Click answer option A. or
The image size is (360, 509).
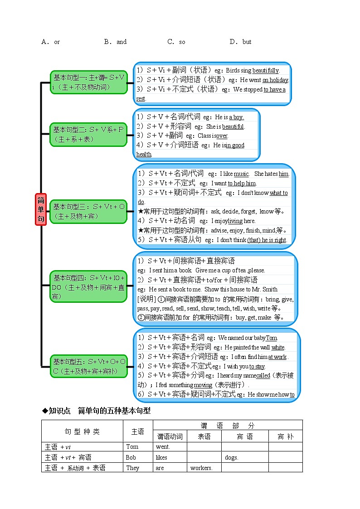pyautogui.click(x=51, y=42)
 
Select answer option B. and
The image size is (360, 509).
pyautogui.click(x=115, y=42)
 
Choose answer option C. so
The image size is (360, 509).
pyautogui.click(x=176, y=42)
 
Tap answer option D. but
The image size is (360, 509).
pyautogui.click(x=240, y=42)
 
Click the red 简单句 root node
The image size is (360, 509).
pyautogui.click(x=41, y=209)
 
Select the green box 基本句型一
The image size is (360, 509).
pyautogui.click(x=88, y=82)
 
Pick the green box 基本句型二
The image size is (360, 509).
pyautogui.click(x=88, y=134)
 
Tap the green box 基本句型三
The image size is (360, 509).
pyautogui.click(x=88, y=211)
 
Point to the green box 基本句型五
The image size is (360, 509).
pyautogui.click(x=88, y=367)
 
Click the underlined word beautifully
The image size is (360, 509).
pyautogui.click(x=266, y=70)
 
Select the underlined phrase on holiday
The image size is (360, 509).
pyautogui.click(x=275, y=80)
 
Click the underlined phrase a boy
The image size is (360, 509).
pyautogui.click(x=236, y=117)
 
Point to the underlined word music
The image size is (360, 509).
pyautogui.click(x=241, y=174)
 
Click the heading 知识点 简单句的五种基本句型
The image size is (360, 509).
pyautogui.click(x=96, y=411)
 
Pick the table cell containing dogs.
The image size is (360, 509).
pyautogui.click(x=231, y=457)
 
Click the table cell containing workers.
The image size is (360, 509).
pyautogui.click(x=201, y=468)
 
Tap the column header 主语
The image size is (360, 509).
pyautogui.click(x=138, y=431)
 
